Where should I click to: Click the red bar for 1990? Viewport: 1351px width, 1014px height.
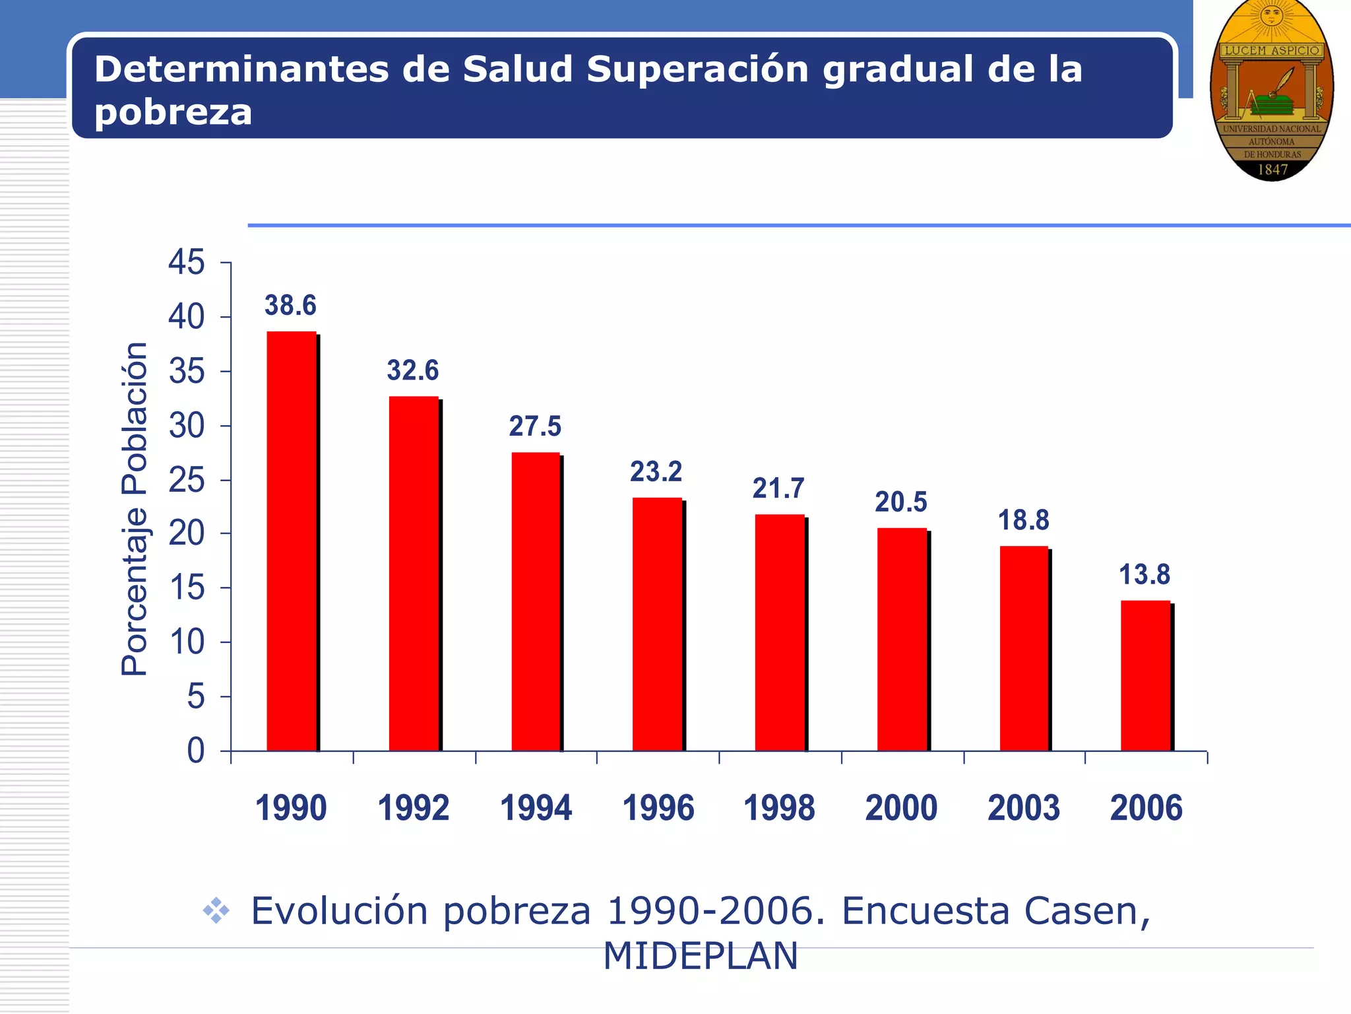(292, 541)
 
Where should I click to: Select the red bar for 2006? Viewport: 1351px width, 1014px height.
(1146, 676)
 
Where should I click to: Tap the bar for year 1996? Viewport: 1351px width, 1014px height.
(657, 625)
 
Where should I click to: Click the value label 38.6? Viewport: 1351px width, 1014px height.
(290, 306)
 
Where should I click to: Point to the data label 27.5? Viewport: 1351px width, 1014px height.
(535, 426)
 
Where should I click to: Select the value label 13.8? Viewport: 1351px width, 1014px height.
(1145, 574)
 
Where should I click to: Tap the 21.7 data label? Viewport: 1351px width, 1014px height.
(778, 489)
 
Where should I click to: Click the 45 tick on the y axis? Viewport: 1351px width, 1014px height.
(187, 263)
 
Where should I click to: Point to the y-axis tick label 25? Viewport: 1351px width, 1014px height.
(187, 480)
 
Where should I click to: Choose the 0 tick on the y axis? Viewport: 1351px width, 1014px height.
(195, 751)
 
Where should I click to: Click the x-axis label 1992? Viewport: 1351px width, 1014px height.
(414, 808)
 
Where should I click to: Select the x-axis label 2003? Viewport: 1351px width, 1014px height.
(1024, 808)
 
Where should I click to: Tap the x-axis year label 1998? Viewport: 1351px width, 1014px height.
(779, 808)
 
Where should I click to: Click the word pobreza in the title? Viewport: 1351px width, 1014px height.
(173, 112)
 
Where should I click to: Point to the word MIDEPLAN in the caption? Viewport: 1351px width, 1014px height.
(701, 956)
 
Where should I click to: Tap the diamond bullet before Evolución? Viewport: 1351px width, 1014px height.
(216, 912)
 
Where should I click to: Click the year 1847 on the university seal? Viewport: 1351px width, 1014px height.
(1272, 170)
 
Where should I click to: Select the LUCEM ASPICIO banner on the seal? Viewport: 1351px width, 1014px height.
(1272, 51)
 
